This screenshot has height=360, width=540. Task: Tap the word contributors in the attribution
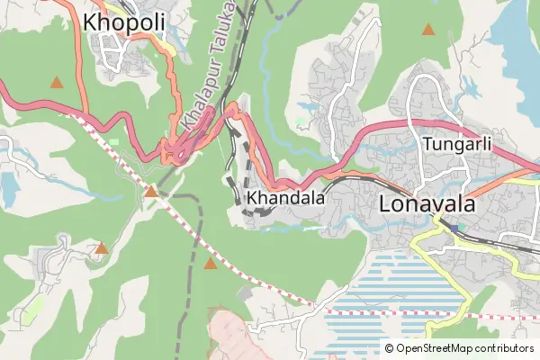(x=505, y=348)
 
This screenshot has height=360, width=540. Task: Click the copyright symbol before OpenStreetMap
(x=389, y=348)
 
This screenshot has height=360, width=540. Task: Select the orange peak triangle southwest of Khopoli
(x=57, y=83)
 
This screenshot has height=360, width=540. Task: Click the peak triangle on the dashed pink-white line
(x=151, y=191)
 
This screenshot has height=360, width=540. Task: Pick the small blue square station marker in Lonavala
(x=458, y=228)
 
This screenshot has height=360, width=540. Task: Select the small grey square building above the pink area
(x=246, y=294)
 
